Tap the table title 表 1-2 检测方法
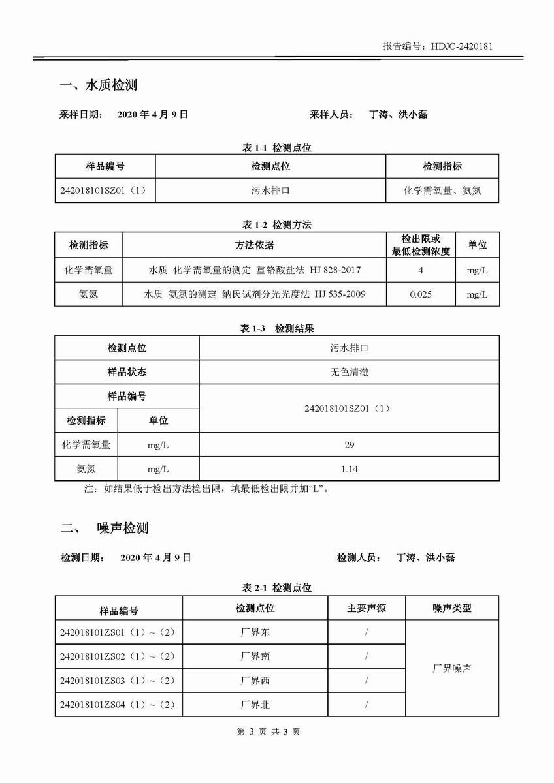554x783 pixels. [x=277, y=224]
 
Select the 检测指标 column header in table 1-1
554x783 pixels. [x=442, y=166]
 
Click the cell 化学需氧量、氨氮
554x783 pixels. [x=442, y=191]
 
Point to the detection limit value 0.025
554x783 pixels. [x=421, y=294]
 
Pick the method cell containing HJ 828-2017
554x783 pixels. [x=255, y=269]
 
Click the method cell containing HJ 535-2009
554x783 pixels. [x=255, y=294]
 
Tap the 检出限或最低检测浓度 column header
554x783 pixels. [x=421, y=245]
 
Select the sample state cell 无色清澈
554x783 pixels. [x=349, y=372]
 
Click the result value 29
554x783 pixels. [x=349, y=445]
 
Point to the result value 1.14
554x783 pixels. [x=349, y=469]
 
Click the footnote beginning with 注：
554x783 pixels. [x=206, y=489]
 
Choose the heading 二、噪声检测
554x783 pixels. [x=105, y=528]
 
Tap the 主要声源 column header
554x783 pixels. [x=366, y=608]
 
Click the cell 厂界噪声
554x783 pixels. [x=451, y=668]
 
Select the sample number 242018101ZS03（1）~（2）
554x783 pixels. [x=118, y=681]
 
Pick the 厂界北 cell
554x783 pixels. [x=255, y=705]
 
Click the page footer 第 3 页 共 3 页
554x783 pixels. [x=277, y=732]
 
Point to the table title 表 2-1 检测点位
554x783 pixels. [x=277, y=588]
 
